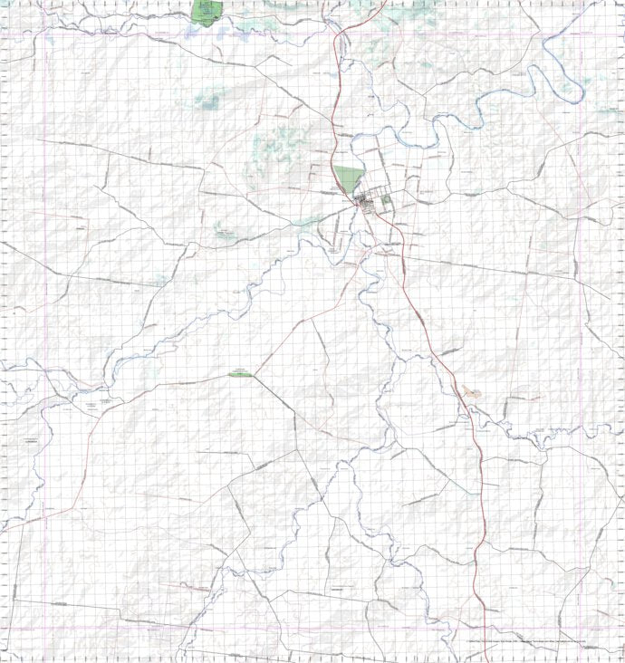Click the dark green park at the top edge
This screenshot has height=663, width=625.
[x=207, y=11]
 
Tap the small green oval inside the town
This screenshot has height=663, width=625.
[x=387, y=198]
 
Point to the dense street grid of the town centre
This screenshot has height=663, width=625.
[x=368, y=203]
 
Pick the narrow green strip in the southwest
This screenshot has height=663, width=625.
[x=241, y=373]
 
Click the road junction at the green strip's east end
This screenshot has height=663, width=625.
[x=255, y=374]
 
